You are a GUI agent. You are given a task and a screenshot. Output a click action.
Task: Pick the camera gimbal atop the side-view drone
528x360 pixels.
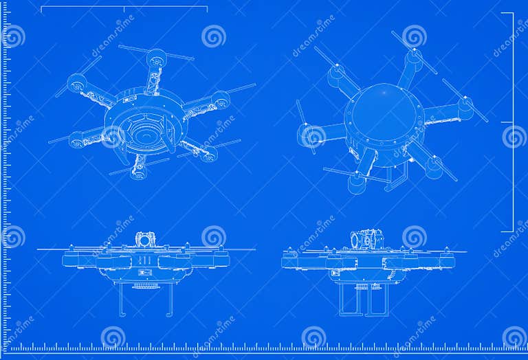367,240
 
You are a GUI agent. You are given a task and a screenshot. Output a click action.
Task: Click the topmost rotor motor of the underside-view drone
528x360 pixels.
157,58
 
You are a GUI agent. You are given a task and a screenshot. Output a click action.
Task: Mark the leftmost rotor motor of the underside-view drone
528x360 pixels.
76,84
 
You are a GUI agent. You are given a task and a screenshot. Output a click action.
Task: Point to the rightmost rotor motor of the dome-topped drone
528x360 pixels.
465,106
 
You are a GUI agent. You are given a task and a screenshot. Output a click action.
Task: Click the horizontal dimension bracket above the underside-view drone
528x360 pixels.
124,8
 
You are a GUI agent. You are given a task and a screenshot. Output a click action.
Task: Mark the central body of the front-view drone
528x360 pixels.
145,264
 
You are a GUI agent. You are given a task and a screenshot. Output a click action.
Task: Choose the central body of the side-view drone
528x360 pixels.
368,264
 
